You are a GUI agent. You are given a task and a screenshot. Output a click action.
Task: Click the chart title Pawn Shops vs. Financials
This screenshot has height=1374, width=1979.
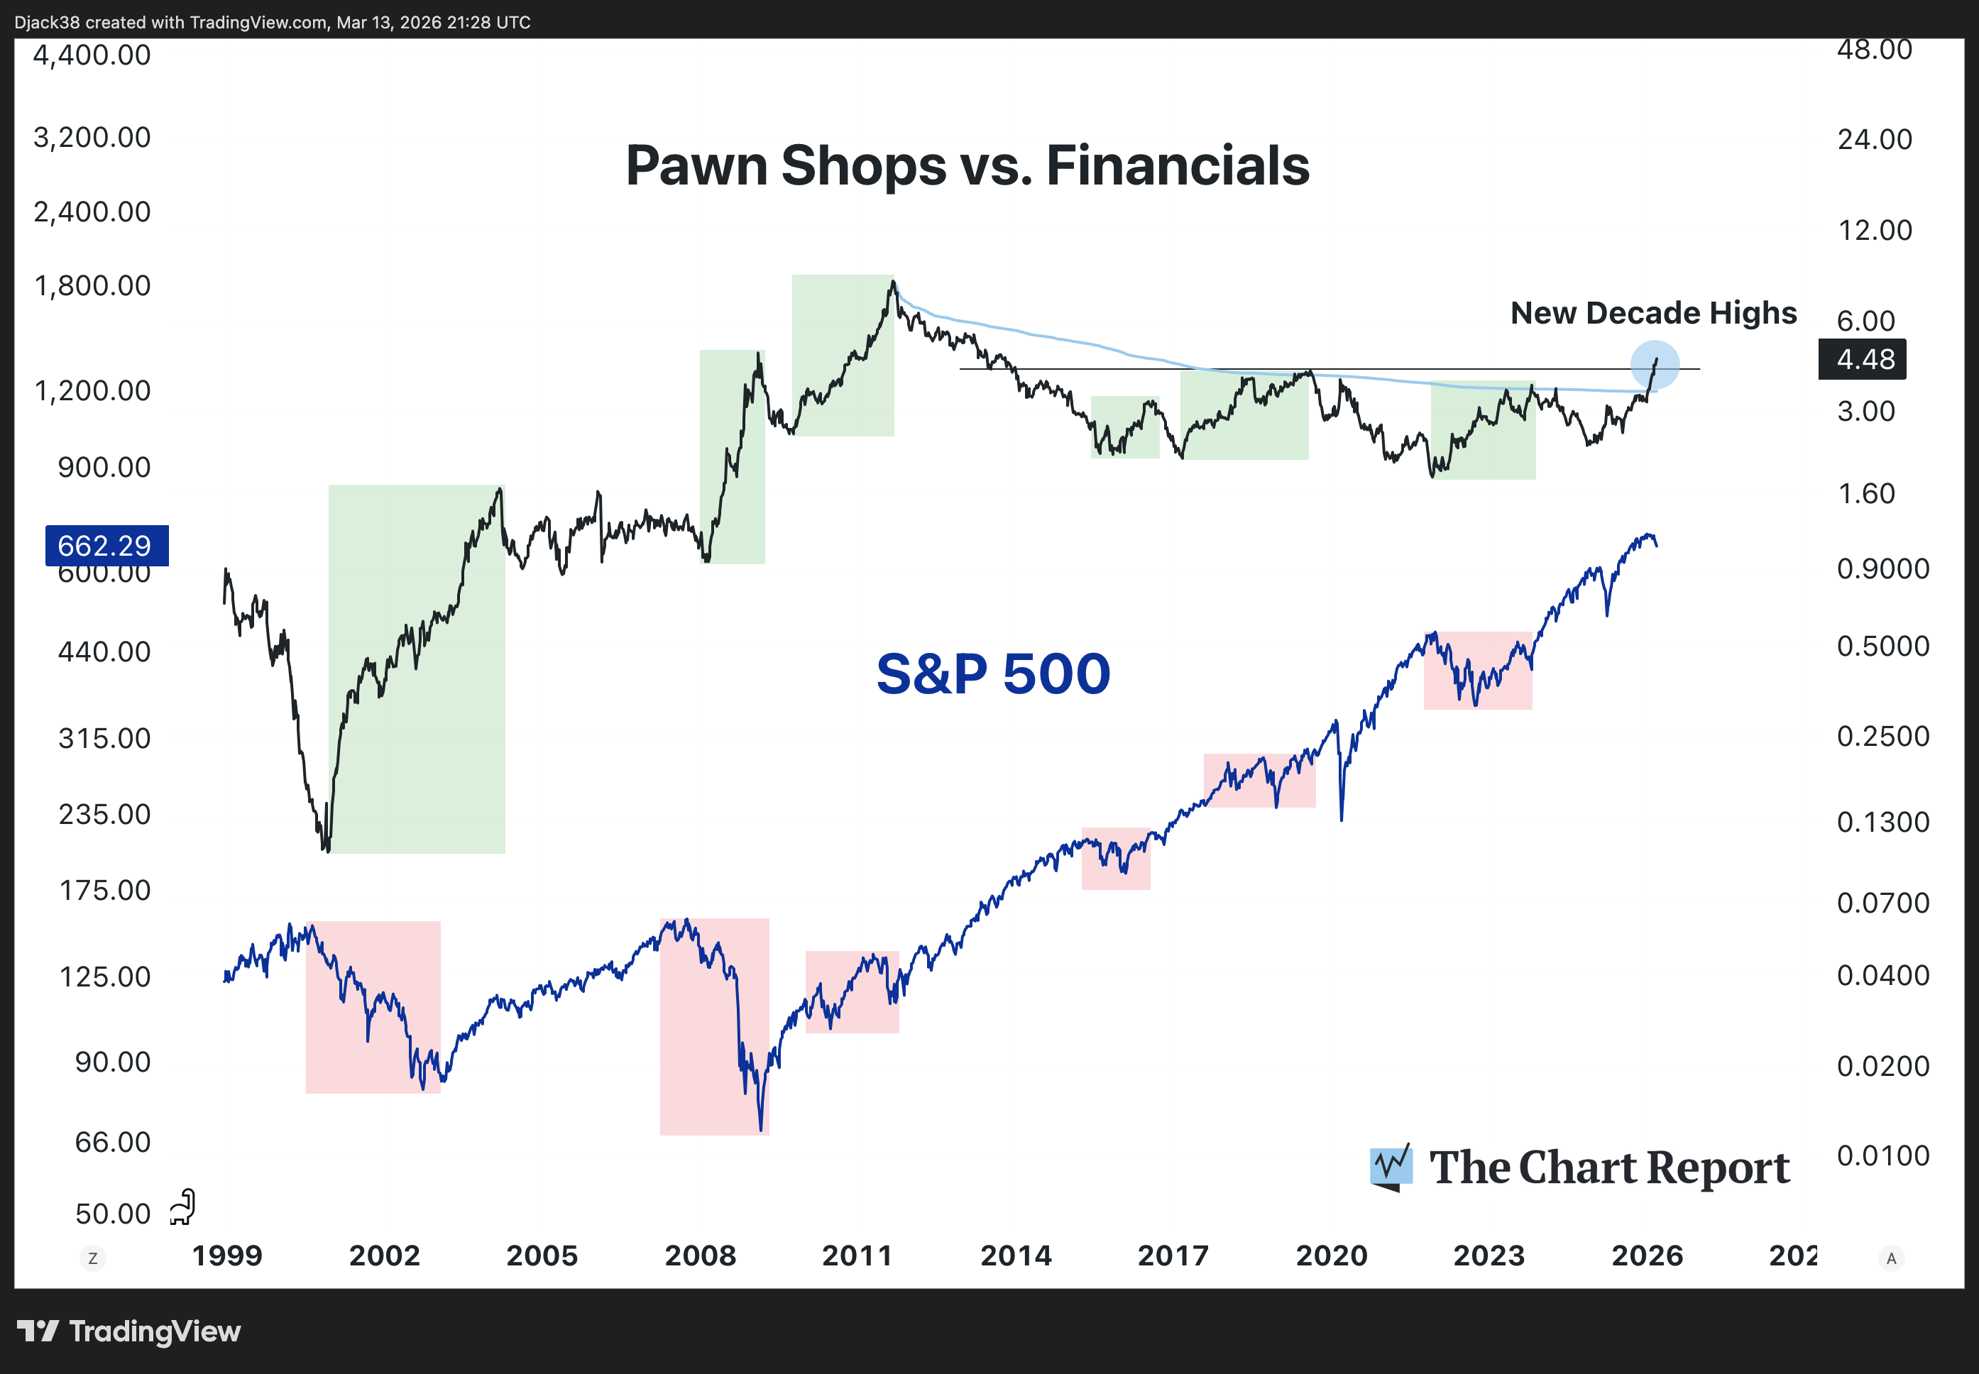(x=967, y=165)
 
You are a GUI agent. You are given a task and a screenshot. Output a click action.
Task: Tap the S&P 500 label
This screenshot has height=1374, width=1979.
(x=992, y=674)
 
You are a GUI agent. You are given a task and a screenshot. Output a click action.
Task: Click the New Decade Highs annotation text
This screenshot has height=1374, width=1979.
(x=1652, y=312)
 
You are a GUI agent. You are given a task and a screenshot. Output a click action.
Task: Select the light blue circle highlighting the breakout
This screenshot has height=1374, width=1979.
(x=1655, y=364)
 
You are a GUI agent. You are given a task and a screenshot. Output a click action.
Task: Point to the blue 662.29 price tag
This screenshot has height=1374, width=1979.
(x=106, y=545)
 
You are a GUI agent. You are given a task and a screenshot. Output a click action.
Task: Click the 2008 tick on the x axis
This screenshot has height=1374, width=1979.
(x=700, y=1255)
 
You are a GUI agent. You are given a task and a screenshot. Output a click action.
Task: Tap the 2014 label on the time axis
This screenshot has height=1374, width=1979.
(x=1016, y=1255)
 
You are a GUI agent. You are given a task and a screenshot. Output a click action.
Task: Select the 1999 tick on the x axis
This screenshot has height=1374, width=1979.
(x=226, y=1255)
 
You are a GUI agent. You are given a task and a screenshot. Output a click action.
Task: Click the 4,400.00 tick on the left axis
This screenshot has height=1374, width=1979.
(x=92, y=55)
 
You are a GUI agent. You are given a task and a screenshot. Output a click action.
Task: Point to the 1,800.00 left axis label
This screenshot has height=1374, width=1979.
(x=92, y=285)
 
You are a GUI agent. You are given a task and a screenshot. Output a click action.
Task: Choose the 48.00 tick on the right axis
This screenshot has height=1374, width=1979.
(x=1874, y=50)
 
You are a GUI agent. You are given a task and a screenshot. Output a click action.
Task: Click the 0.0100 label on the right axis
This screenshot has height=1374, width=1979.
(x=1882, y=1155)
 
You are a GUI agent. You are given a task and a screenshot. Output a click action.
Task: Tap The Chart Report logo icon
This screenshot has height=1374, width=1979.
(x=1391, y=1167)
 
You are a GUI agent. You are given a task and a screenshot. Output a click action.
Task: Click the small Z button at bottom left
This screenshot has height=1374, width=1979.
(x=93, y=1258)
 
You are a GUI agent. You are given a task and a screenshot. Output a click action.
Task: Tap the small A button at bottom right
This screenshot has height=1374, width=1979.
(x=1890, y=1258)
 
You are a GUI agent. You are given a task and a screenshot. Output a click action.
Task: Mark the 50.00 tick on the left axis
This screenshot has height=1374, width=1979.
(x=112, y=1214)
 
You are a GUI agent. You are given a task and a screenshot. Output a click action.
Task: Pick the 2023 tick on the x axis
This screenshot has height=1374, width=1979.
(x=1489, y=1255)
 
